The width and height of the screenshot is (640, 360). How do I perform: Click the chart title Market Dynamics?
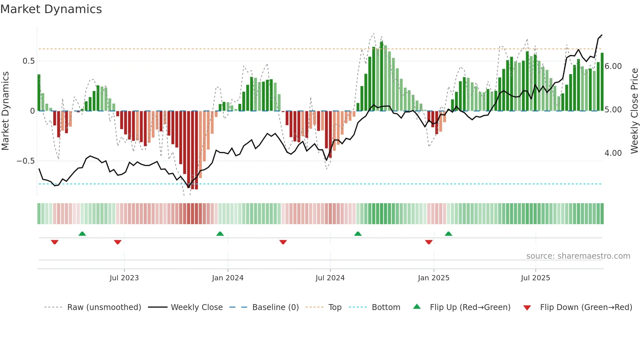(51, 9)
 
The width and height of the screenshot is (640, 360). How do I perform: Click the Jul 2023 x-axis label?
(124, 278)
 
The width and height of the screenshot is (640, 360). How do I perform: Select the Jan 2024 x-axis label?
(228, 278)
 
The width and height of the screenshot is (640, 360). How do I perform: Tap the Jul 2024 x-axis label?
(330, 278)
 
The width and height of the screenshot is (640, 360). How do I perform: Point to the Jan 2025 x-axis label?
(433, 278)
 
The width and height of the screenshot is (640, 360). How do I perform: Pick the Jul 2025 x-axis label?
(535, 278)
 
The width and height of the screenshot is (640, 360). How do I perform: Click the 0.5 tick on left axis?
(28, 61)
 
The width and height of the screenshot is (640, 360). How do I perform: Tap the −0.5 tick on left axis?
(26, 161)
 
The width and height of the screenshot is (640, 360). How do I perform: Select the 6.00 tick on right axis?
(613, 66)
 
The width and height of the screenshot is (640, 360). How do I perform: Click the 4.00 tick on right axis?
(613, 153)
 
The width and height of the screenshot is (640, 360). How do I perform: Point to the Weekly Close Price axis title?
(634, 111)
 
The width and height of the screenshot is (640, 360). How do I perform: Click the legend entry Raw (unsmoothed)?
(104, 307)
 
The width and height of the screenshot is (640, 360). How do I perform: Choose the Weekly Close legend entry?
(197, 307)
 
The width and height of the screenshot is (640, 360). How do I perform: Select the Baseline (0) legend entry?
(275, 307)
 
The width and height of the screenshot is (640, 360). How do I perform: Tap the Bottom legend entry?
(386, 307)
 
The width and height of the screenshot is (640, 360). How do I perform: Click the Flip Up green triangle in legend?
(417, 307)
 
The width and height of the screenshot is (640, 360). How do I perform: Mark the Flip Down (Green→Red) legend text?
(586, 307)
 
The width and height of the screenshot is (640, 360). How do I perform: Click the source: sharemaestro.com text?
(578, 256)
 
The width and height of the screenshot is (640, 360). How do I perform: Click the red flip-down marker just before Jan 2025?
(429, 242)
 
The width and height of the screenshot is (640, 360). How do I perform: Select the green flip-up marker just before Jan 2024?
(220, 234)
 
